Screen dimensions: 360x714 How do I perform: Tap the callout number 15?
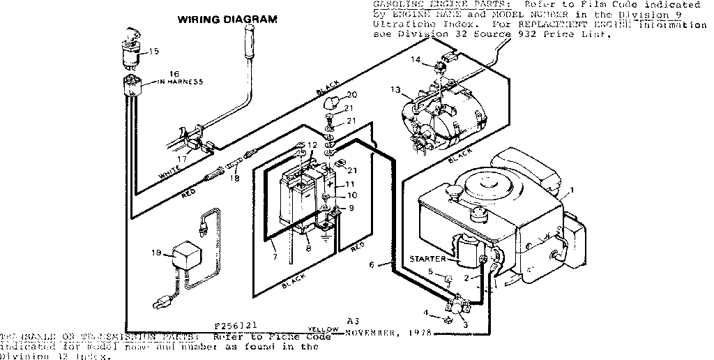[154, 51]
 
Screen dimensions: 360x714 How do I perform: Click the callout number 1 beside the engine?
[572, 190]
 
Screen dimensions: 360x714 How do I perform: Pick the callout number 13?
[396, 89]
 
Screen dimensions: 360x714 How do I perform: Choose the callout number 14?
[416, 60]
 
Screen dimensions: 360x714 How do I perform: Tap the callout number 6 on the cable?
[371, 264]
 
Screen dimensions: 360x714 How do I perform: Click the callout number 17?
[182, 158]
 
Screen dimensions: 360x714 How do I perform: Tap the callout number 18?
[235, 179]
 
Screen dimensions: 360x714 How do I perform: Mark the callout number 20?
[352, 95]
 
